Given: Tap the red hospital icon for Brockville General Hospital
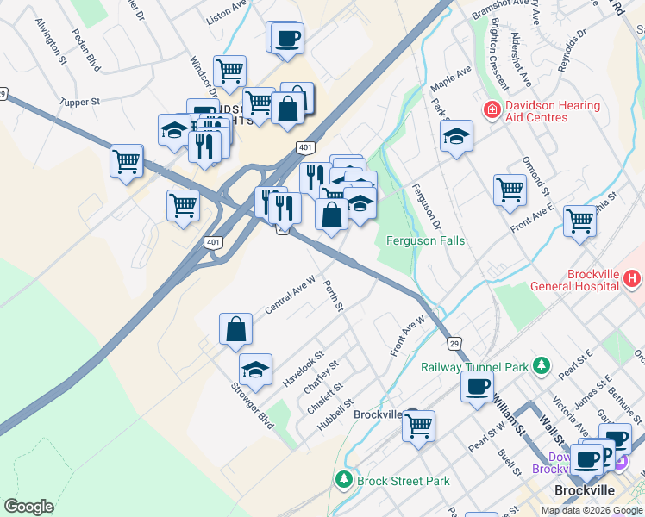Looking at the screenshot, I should pyautogui.click(x=632, y=278).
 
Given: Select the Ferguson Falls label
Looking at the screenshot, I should pyautogui.click(x=425, y=241).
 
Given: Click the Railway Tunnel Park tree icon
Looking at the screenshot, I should pyautogui.click(x=542, y=366).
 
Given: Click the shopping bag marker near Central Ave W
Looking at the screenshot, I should pyautogui.click(x=235, y=329).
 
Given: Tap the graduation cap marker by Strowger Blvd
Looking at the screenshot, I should pyautogui.click(x=255, y=370).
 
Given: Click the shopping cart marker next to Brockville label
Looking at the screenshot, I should pyautogui.click(x=418, y=426).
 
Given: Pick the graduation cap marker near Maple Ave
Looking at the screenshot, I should pyautogui.click(x=456, y=136).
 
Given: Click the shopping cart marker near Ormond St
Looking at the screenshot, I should pyautogui.click(x=510, y=190).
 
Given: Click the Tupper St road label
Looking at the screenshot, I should pyautogui.click(x=80, y=102).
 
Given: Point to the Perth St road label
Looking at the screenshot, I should pyautogui.click(x=334, y=295).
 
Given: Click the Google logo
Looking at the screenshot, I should pyautogui.click(x=29, y=507).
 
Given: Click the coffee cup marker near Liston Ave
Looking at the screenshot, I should pyautogui.click(x=287, y=38).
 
